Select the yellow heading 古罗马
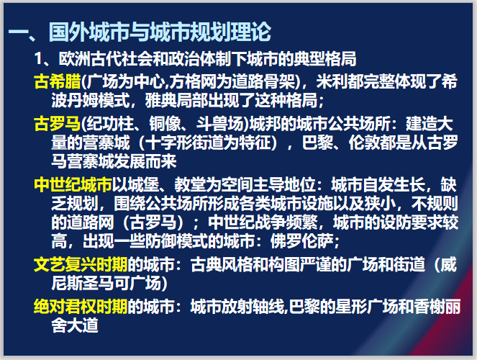pos(58,122)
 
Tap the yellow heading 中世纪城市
pos(73,182)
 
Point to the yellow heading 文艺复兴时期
pos(81,264)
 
